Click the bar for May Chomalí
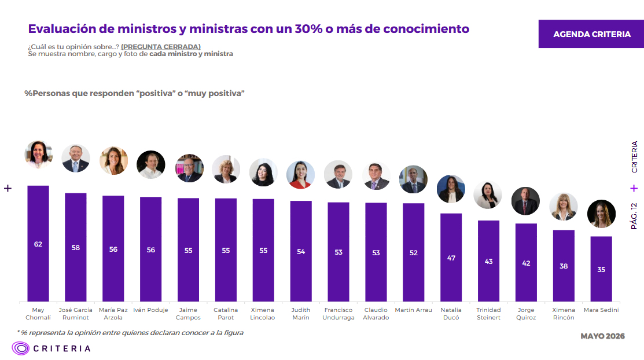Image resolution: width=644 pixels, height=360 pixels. (x=38, y=244)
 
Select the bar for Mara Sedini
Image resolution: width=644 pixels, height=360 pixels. (x=601, y=269)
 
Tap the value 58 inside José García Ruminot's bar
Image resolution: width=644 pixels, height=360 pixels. (x=76, y=247)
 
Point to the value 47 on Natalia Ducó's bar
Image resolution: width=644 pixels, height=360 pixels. (x=451, y=258)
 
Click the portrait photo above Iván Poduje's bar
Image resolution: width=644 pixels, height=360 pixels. (x=151, y=164)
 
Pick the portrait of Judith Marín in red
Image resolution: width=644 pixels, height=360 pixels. (x=301, y=175)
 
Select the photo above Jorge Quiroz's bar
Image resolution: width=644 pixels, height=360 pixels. (x=526, y=201)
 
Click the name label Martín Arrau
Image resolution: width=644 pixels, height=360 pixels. (x=414, y=310)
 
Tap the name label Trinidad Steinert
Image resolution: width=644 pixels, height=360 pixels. (x=488, y=314)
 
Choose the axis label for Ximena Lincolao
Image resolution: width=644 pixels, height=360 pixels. (x=263, y=314)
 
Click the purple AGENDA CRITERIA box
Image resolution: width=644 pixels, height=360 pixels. (x=591, y=34)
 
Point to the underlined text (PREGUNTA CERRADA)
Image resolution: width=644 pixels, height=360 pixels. (x=161, y=47)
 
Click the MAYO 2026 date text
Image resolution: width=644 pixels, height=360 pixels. (x=602, y=336)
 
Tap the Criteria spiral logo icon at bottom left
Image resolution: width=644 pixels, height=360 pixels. (x=20, y=348)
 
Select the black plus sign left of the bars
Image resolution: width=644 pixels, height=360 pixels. (x=8, y=188)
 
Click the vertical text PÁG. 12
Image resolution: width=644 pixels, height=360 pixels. (x=634, y=216)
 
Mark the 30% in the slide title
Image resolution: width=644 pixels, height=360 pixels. (x=308, y=29)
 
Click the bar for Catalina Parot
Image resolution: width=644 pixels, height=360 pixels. (x=226, y=250)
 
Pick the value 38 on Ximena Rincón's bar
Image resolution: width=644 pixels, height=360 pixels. (x=564, y=266)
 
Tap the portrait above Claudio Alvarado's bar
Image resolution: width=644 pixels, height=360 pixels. (x=376, y=176)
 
